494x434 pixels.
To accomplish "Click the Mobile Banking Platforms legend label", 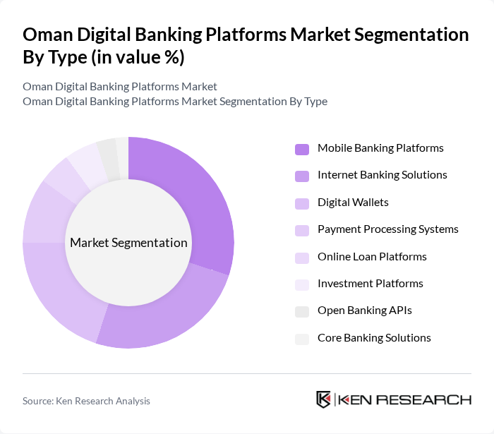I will pos(380,148).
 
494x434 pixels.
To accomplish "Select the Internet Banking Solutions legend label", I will pos(382,175).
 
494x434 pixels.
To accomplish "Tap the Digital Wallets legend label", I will pos(353,203).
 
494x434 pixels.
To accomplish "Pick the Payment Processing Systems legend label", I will pos(387,229).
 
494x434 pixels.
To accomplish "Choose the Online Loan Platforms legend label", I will pos(372,257).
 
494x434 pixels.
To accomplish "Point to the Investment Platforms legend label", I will pos(370,284).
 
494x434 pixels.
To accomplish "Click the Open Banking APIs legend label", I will pos(364,311).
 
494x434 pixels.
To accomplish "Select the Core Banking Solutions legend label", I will pos(374,338).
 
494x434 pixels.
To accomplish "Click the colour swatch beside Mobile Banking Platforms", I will pos(302,149).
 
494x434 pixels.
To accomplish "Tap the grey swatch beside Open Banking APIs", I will pos(302,311).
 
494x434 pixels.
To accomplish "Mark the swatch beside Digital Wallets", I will pos(302,203).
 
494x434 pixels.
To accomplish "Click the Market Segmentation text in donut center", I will pos(128,243).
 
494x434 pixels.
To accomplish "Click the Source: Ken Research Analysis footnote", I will pos(86,401).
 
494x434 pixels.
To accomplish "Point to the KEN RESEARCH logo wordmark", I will pos(404,399).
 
